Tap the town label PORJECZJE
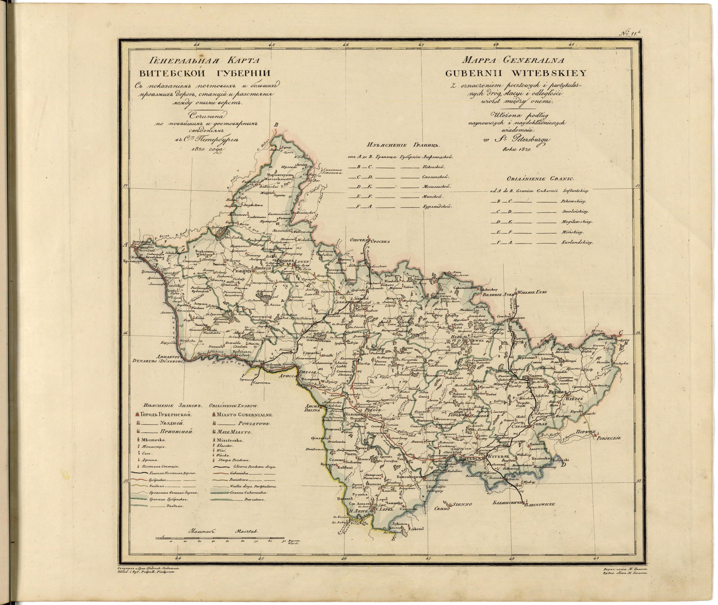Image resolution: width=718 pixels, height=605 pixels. pyautogui.click(x=609, y=438)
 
